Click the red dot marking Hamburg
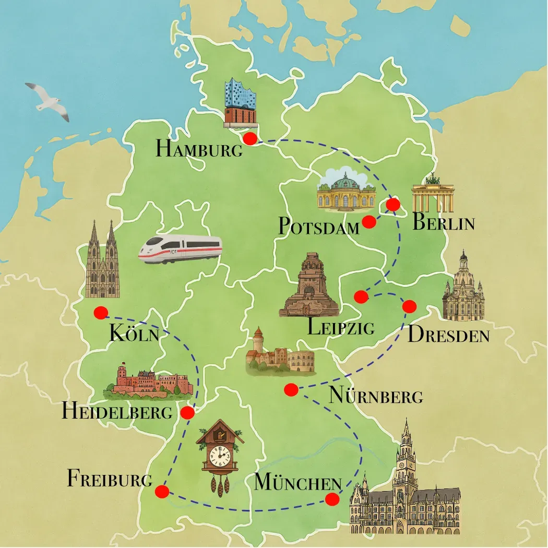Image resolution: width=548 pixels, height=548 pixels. [x=250, y=138]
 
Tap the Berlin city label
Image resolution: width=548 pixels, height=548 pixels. [x=443, y=223]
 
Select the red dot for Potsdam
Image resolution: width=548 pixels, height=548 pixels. [x=369, y=222]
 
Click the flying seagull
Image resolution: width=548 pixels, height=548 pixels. [x=48, y=101]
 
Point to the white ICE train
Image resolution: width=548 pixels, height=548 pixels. [x=180, y=249]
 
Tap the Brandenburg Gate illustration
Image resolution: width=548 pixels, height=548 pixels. [x=433, y=194]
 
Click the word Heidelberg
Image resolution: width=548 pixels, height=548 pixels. [x=117, y=412]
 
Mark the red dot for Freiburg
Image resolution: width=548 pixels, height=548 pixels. [x=162, y=492]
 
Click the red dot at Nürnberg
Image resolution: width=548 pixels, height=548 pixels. [x=291, y=389]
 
